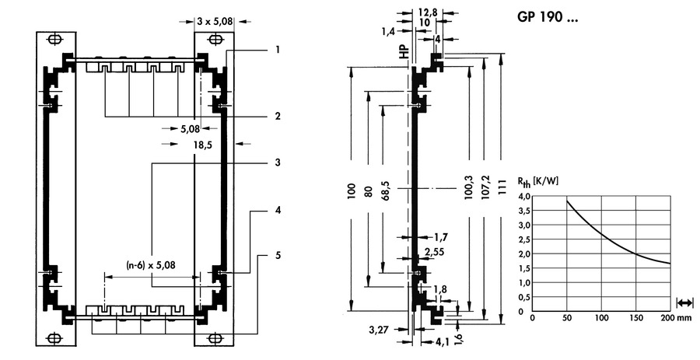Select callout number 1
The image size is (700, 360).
pos(277,50)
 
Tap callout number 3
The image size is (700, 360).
pos(277,163)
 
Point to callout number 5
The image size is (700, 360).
pos(277,255)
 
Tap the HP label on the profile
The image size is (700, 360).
pos(404,53)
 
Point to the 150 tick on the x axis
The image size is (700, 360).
pos(636,319)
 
